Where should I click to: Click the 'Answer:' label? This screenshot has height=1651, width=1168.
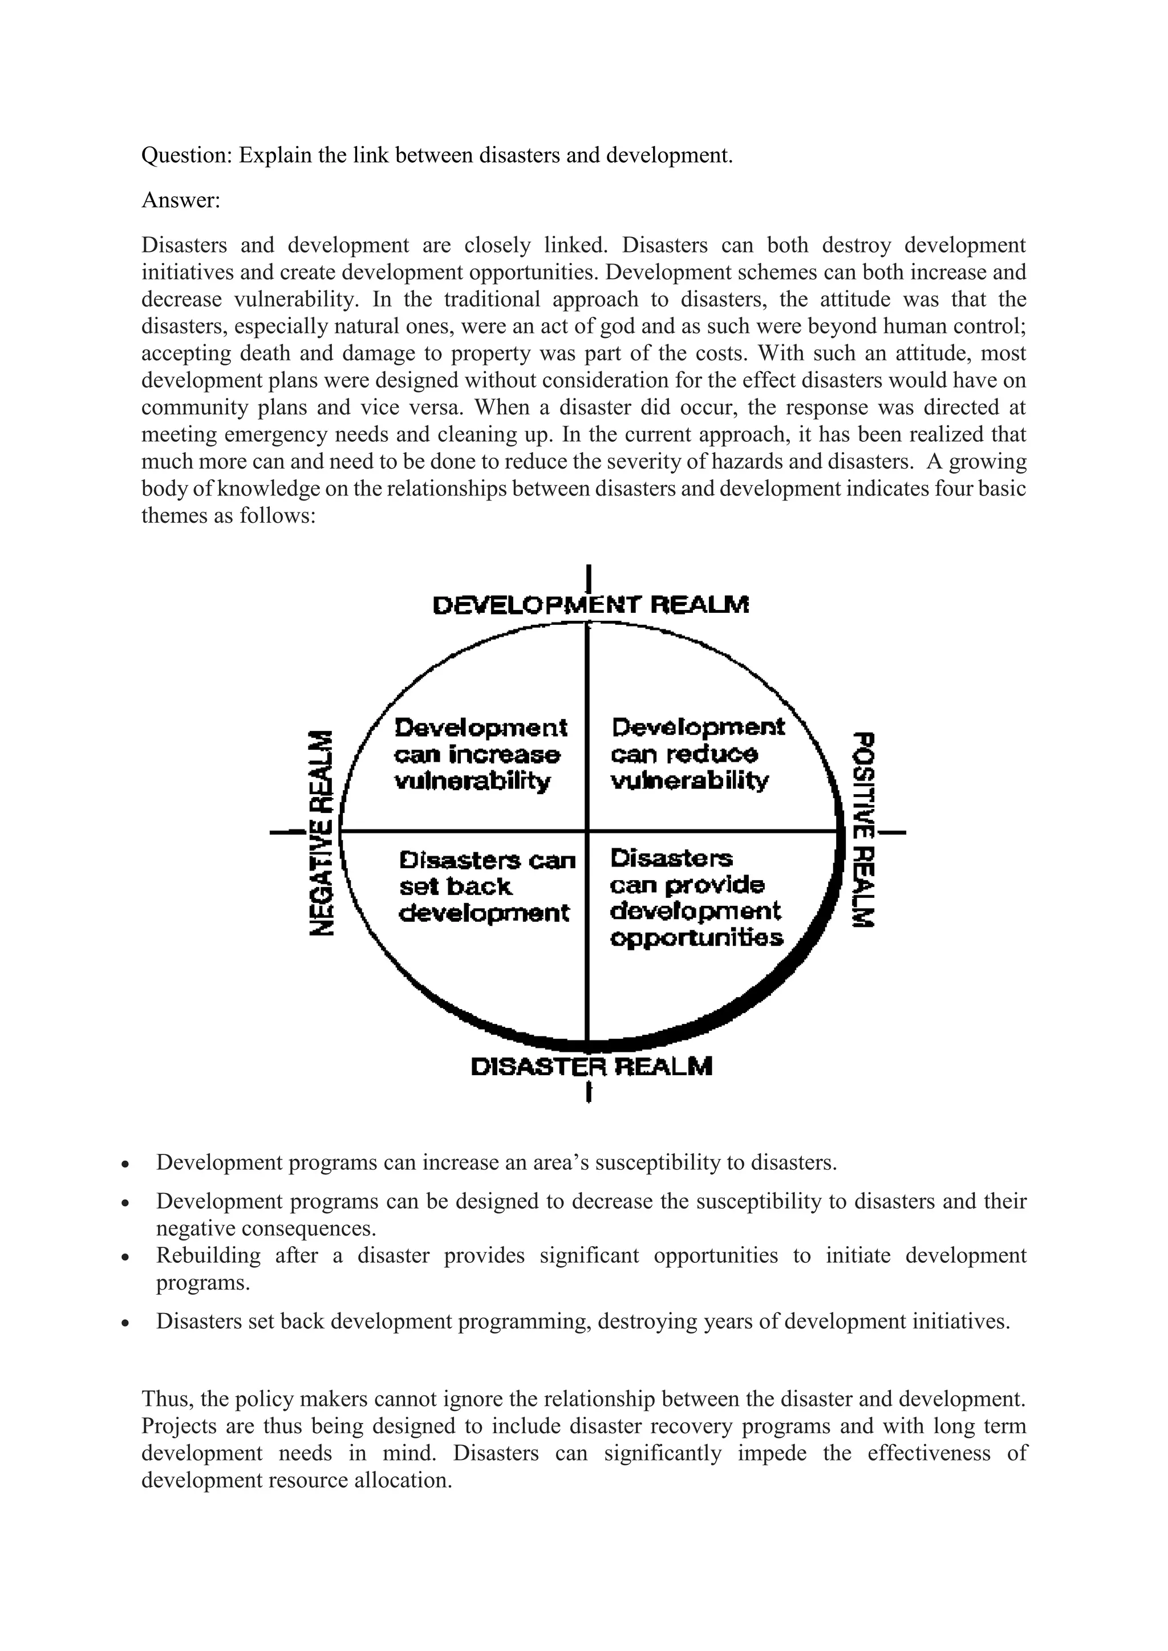[181, 200]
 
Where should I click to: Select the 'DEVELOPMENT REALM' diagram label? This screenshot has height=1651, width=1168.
[590, 605]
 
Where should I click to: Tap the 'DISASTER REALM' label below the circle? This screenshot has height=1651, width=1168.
[591, 1067]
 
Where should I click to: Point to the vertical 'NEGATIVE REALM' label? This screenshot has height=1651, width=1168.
[322, 833]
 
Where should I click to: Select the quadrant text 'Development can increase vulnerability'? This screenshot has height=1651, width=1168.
[480, 754]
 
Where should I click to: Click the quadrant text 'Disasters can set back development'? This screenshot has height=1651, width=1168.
[487, 887]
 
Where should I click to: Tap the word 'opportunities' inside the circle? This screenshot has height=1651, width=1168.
[696, 938]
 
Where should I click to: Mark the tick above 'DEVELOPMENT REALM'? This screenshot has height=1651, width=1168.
[589, 578]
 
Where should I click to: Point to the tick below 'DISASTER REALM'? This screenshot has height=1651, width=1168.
[589, 1093]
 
